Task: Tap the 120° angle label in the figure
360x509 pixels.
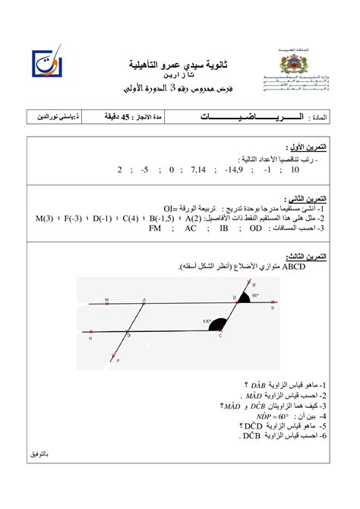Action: (x=207, y=321)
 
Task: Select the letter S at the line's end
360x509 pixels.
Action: (x=273, y=309)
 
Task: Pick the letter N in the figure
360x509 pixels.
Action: (x=90, y=340)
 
